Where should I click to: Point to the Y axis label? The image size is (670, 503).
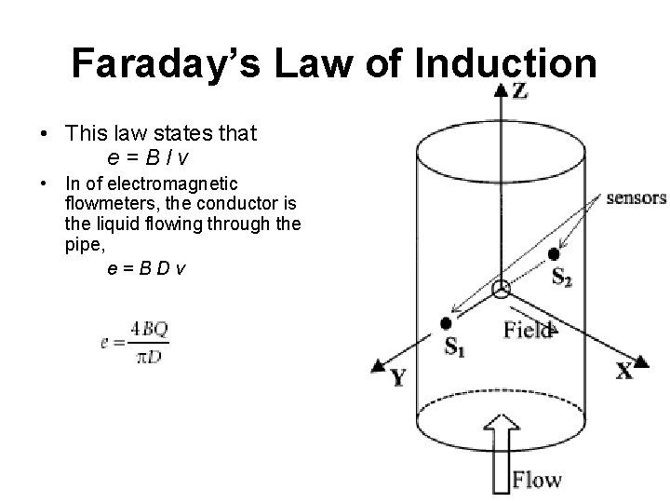pos(398,376)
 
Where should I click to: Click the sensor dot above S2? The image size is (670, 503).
pos(555,253)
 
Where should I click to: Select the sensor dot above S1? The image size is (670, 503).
pos(446,323)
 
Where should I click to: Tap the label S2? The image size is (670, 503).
pos(562,277)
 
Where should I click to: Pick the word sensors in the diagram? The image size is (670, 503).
pos(635,197)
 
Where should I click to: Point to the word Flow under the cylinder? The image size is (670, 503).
pos(538,480)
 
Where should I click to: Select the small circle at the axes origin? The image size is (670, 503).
pos(501,290)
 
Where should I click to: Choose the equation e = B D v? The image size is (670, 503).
pos(145,268)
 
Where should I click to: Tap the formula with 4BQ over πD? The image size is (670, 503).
pos(134,342)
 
